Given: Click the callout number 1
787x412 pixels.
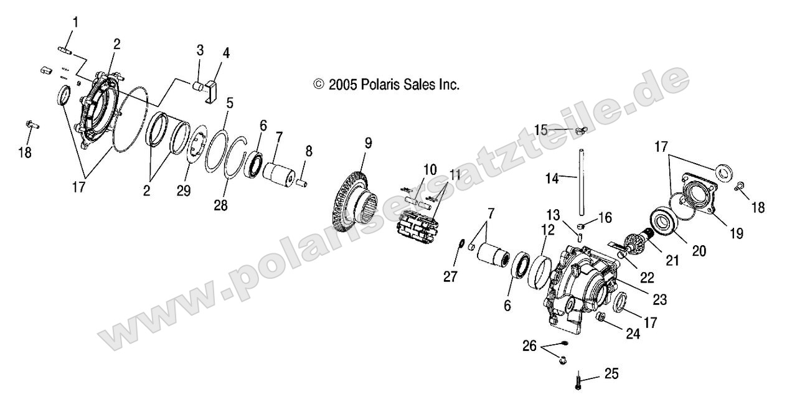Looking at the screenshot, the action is (75, 22).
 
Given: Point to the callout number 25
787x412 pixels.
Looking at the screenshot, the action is (611, 374).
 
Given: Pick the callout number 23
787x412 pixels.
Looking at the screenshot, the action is (659, 300).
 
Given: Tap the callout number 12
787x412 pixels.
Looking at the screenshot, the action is (547, 230).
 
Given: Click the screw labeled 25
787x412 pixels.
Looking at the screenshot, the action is (578, 380).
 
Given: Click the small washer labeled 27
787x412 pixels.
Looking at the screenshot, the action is (463, 244).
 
